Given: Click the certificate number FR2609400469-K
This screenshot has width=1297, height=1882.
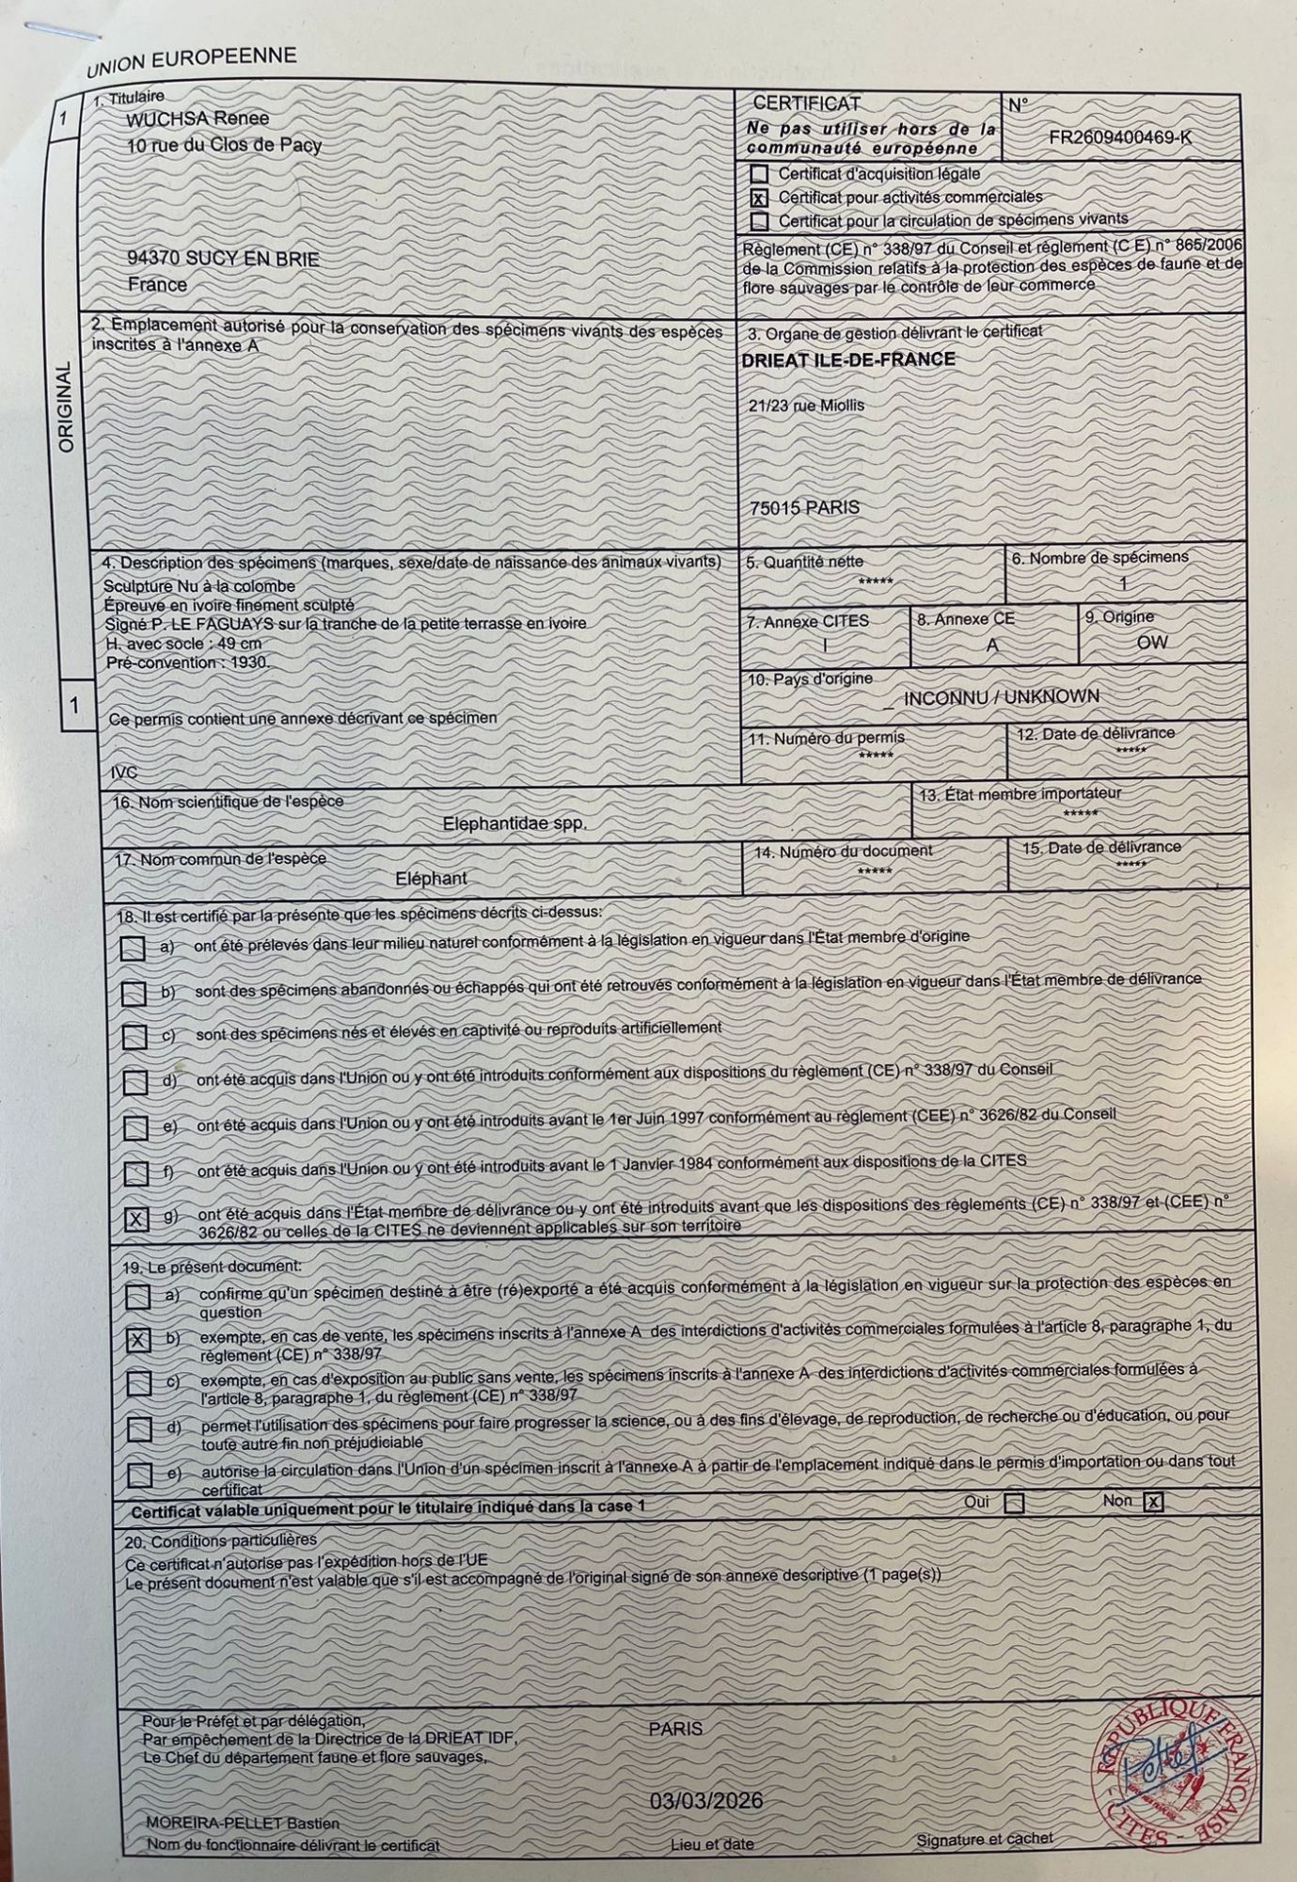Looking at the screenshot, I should [1119, 137].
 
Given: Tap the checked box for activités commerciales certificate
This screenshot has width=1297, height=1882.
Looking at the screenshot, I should [759, 199].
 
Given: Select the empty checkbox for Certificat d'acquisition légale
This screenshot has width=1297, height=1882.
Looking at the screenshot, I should [759, 174].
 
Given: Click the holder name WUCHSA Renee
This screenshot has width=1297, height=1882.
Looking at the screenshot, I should [198, 119].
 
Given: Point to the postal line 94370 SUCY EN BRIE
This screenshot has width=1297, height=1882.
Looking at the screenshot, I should [223, 259].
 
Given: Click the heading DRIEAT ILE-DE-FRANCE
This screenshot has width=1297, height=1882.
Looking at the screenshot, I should [847, 359].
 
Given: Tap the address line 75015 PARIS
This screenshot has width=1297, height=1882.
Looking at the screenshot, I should [804, 507].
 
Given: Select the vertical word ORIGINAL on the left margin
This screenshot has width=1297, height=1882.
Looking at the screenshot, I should [66, 407].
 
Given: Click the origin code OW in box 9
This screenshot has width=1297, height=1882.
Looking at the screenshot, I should [1151, 642].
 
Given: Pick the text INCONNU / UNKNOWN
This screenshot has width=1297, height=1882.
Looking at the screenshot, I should [1001, 697].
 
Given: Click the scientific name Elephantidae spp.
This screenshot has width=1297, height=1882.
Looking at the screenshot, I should [514, 823].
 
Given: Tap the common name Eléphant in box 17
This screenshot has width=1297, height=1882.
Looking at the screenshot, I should [431, 878].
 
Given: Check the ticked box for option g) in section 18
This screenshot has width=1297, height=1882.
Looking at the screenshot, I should [136, 1220].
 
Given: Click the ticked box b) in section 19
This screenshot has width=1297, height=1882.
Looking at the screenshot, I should [138, 1340].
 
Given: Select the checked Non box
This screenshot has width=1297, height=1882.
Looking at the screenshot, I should [1153, 1503].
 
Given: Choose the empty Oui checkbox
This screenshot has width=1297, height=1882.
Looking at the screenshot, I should [1013, 1503].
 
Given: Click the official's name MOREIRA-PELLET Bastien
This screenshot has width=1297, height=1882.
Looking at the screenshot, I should [243, 1823].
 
